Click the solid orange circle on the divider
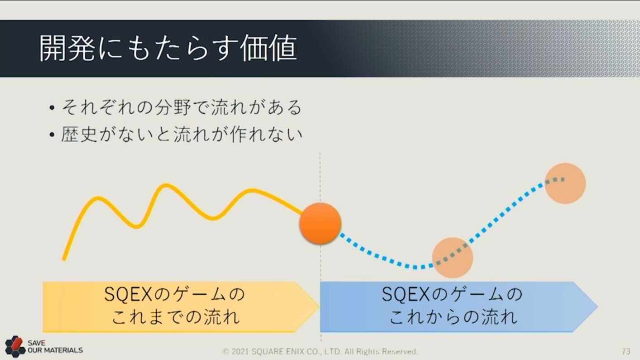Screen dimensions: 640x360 coord(320,223)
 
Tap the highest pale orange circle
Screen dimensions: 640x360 coord(565,183)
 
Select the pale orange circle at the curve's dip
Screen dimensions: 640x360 coord(452,258)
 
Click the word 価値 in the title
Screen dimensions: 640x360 coord(269,48)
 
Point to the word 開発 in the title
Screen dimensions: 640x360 coord(67,48)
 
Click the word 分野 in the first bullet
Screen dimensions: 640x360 coord(173,107)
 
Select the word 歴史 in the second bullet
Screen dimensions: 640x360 coord(79,134)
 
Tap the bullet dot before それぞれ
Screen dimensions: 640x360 coord(52,108)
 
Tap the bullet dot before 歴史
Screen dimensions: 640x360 coord(52,134)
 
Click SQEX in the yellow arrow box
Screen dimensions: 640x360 coord(128,294)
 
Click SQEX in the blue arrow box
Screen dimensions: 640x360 coord(406,294)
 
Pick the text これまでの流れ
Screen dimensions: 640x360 coord(176,317)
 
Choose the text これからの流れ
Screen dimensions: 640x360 coord(453,317)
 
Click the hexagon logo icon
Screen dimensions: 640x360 coord(15,346)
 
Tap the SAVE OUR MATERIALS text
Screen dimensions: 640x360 coord(55,346)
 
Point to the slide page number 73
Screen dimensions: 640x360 coord(626,351)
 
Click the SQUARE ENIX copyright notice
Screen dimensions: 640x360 coord(320,351)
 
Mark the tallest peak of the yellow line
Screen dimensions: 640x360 coord(166,185)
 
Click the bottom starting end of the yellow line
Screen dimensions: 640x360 coord(64,259)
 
